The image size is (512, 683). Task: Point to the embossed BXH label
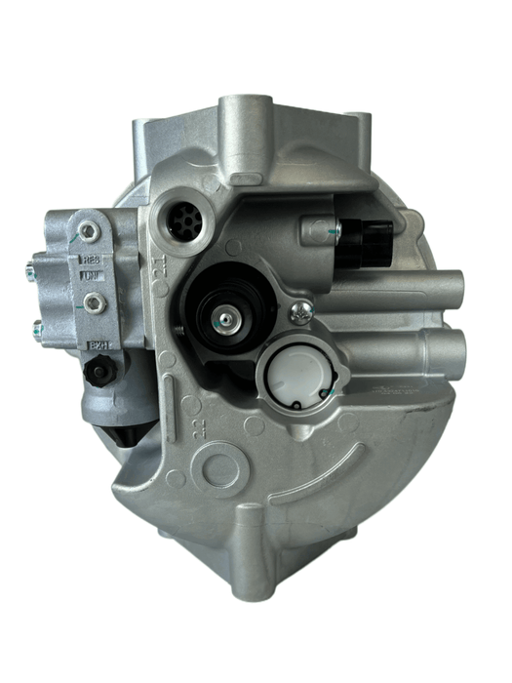(96, 344)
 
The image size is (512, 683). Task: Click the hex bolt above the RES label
(89, 231)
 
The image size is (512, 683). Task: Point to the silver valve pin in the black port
(225, 318)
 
